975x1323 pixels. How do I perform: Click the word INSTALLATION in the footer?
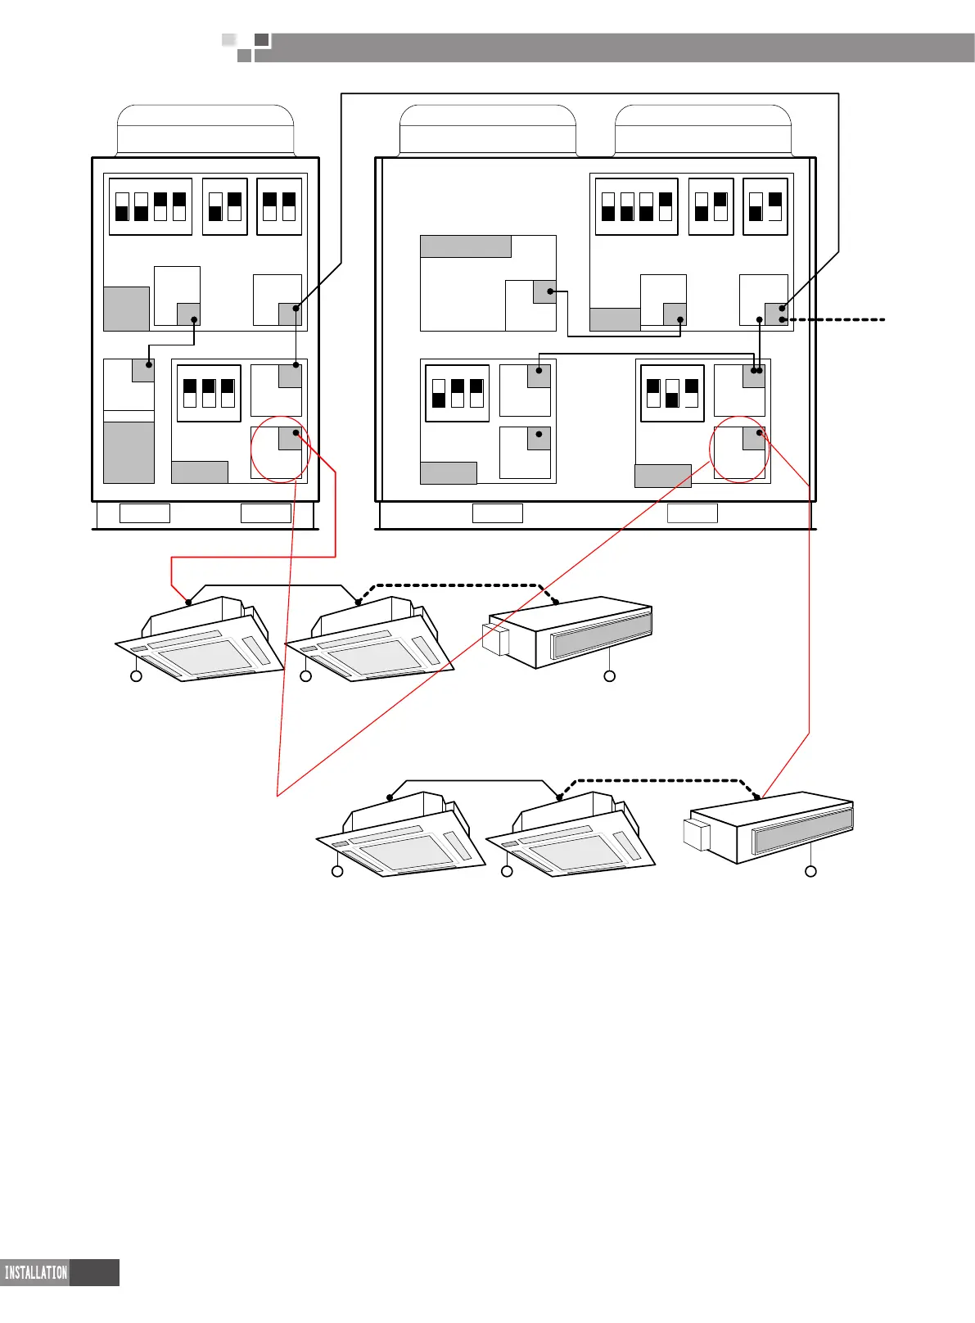click(x=36, y=1272)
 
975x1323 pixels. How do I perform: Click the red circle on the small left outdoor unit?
click(x=281, y=449)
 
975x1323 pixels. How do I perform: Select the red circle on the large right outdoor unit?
click(x=739, y=449)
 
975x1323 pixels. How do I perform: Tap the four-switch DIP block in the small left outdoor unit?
click(x=151, y=206)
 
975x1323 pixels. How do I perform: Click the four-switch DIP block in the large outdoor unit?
click(x=636, y=206)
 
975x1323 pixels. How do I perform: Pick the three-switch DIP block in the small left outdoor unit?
click(x=209, y=393)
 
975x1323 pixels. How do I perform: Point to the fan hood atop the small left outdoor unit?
click(x=205, y=129)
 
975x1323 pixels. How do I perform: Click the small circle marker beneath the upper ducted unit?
click(x=609, y=676)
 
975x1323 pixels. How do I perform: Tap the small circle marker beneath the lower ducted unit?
click(x=810, y=871)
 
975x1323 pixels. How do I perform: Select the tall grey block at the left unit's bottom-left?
click(x=129, y=452)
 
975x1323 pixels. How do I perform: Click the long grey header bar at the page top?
click(x=614, y=47)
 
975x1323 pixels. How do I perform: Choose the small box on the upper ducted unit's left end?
click(x=495, y=640)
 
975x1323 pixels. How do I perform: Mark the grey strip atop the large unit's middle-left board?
click(x=465, y=246)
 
